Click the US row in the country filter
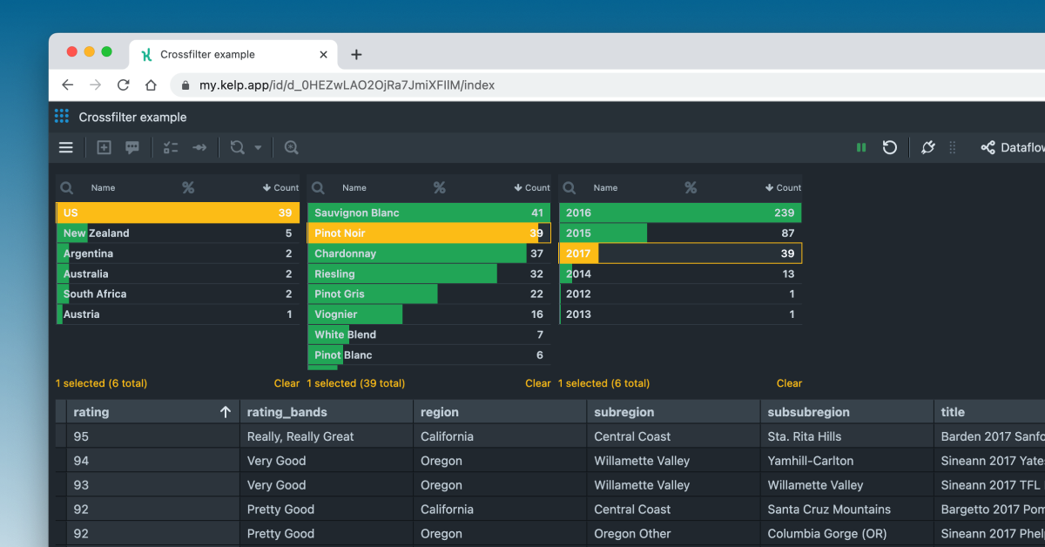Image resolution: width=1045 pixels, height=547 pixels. coord(174,213)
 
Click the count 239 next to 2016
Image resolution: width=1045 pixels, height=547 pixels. coord(784,213)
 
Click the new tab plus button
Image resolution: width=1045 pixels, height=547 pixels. coord(356,54)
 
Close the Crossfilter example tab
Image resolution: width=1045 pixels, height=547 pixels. coord(324,54)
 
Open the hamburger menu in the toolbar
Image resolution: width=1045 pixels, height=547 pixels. coord(66,147)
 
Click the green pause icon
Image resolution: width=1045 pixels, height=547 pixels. coord(861,147)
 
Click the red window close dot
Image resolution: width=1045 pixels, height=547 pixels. coord(72,52)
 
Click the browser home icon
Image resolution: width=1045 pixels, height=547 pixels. coord(151,85)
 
